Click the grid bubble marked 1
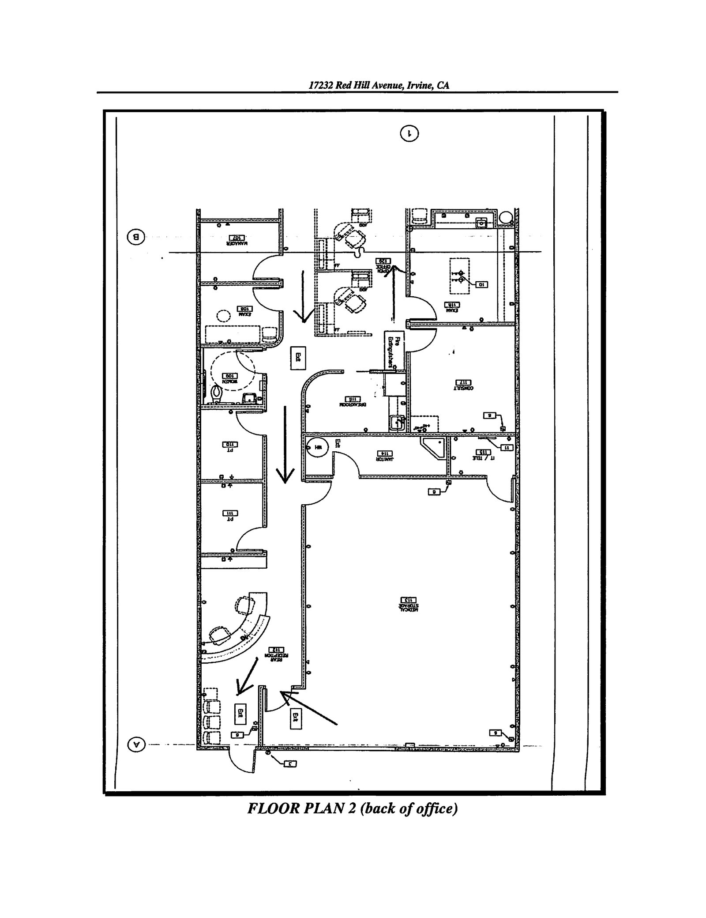coord(409,132)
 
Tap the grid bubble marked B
coord(136,237)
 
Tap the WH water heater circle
coord(317,447)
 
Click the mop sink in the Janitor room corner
coord(433,447)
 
